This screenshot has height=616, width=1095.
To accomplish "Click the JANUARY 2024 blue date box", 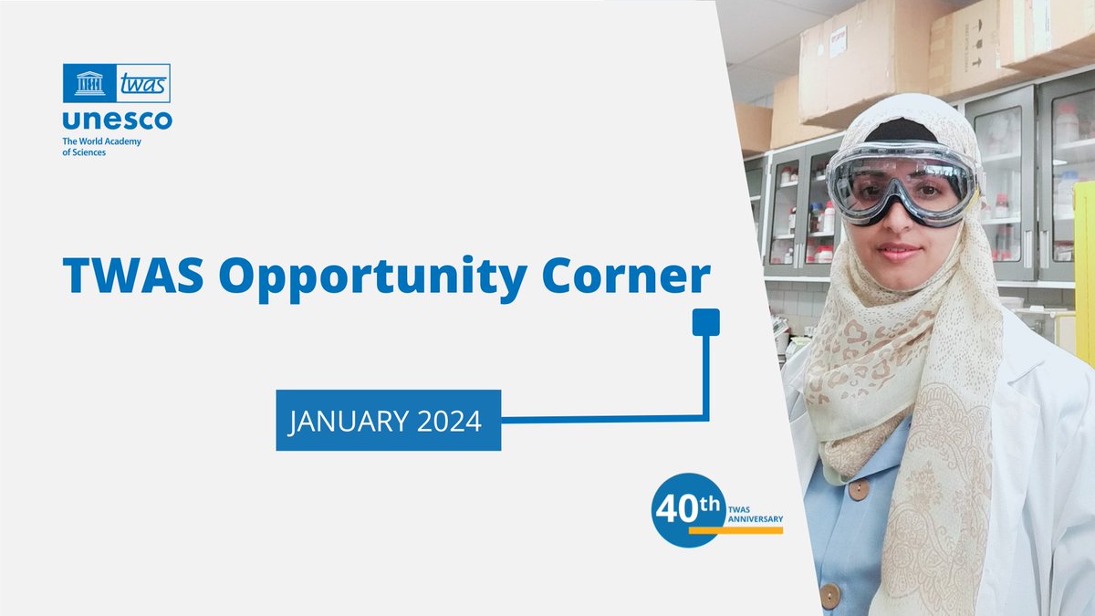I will click(389, 420).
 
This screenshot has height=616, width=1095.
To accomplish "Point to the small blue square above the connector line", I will click(706, 322).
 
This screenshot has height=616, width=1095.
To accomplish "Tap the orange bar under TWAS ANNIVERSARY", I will click(735, 529).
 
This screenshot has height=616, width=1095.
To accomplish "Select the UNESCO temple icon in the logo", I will click(89, 84).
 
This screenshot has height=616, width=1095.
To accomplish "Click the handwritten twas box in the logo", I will click(143, 84).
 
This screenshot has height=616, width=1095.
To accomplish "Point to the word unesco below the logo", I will click(117, 120).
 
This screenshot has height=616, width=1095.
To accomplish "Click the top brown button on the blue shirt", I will click(858, 490).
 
